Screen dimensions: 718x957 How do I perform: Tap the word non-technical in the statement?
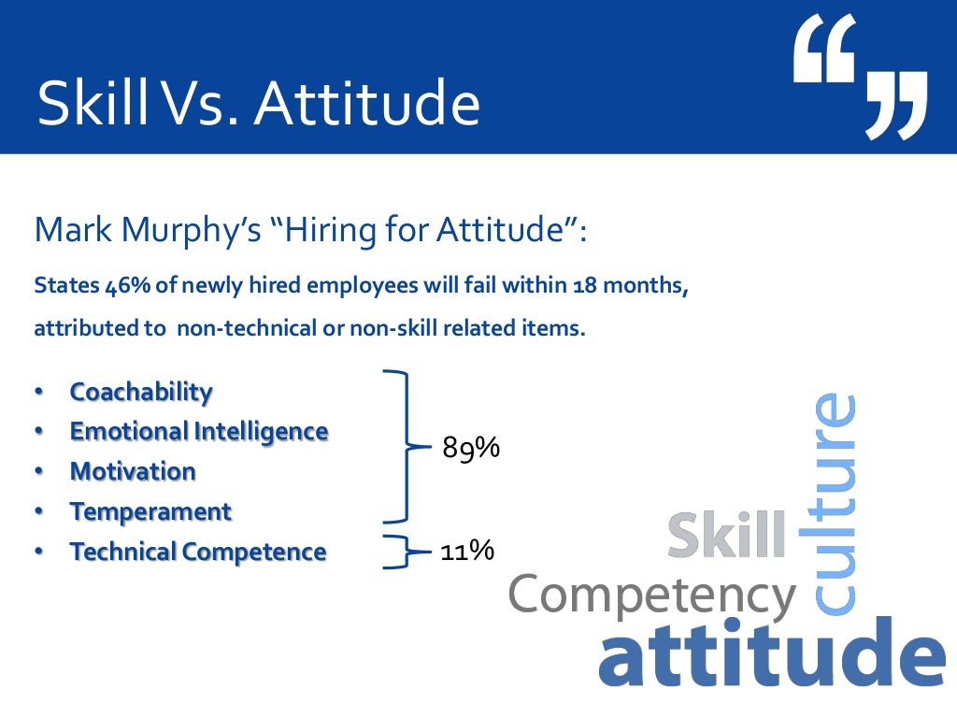coord(232,329)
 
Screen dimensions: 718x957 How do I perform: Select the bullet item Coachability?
coord(141,392)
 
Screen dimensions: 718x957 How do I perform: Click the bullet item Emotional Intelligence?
coord(199,431)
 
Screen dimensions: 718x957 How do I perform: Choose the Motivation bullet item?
coord(133,471)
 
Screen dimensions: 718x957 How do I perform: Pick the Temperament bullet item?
coord(150,511)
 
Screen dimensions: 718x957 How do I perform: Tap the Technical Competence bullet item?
coord(198,552)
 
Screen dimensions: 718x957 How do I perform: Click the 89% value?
coord(471,449)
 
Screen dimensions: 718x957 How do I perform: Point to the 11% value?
coord(467,551)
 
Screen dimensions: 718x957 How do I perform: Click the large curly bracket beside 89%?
coord(404,446)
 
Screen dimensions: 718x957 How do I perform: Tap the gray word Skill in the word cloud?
coord(727,537)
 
